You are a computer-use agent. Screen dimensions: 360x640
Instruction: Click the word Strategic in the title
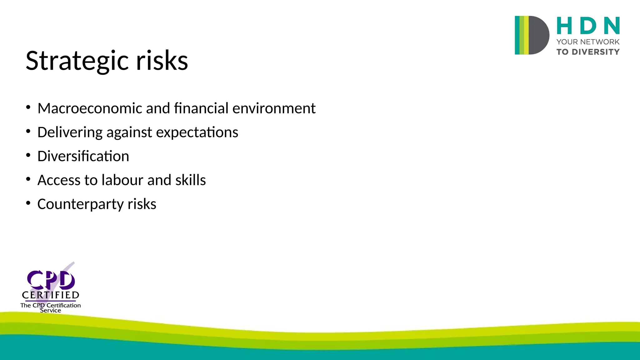[77, 61]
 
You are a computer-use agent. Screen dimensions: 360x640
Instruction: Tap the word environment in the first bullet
[274, 108]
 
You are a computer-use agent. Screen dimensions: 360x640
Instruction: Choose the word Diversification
[83, 156]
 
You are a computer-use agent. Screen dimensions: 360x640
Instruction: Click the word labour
[122, 180]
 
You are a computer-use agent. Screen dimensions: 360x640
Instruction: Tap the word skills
[190, 180]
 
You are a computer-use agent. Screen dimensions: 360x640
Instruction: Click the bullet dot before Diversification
[28, 155]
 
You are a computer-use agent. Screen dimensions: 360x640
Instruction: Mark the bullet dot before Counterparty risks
[28, 203]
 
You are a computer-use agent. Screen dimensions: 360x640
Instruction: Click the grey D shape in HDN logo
[538, 35]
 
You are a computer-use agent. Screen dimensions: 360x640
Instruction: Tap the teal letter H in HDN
[564, 26]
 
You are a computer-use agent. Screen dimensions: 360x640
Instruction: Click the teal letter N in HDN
[612, 26]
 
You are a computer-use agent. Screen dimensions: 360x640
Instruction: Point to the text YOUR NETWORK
[587, 42]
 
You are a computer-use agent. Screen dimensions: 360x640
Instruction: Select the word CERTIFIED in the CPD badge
[51, 295]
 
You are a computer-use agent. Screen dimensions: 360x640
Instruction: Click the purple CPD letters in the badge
[51, 280]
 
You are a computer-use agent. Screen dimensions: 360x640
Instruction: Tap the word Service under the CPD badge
[50, 311]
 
